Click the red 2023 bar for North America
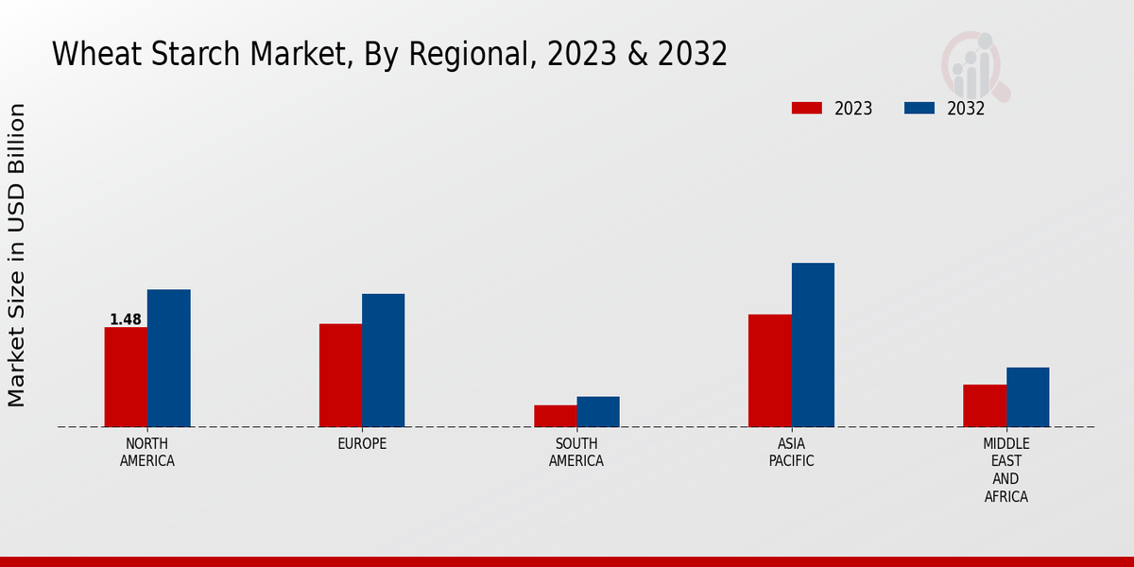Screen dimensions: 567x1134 [x=126, y=377]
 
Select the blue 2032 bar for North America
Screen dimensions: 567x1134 [x=168, y=358]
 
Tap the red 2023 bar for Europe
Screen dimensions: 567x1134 [x=340, y=375]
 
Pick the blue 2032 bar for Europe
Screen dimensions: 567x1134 [x=383, y=360]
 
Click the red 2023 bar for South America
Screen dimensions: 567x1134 [x=555, y=416]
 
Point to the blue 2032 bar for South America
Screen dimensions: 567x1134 [x=598, y=412]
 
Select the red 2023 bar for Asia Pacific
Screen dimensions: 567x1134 [x=769, y=370]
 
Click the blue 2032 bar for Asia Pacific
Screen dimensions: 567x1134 [x=813, y=345]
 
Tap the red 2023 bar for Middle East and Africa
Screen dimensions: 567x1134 [x=985, y=405]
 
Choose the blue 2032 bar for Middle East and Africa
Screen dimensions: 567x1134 [x=1027, y=397]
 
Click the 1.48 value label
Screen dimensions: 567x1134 [x=126, y=319]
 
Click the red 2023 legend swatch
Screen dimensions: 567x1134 [x=806, y=108]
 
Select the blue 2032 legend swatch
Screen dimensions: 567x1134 [x=919, y=108]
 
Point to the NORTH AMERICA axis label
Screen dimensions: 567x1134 [x=147, y=452]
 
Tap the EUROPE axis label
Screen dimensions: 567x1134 [x=362, y=443]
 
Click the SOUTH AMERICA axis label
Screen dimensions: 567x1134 [x=576, y=452]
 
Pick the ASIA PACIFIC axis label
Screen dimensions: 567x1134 [x=791, y=452]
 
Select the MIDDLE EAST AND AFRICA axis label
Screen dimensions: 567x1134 [x=1005, y=470]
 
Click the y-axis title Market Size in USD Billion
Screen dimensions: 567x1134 [x=17, y=255]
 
